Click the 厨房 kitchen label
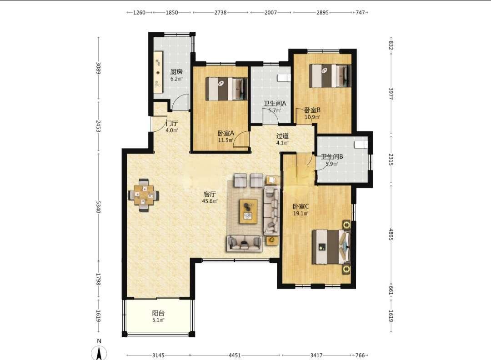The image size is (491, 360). pyautogui.click(x=176, y=72)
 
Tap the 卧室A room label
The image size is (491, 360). pyautogui.click(x=226, y=133)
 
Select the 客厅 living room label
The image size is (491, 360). pyautogui.click(x=210, y=195)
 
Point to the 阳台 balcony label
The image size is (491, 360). pyautogui.click(x=158, y=313)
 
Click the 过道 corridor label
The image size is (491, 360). pyautogui.click(x=282, y=136)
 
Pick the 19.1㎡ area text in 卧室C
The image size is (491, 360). pyautogui.click(x=301, y=214)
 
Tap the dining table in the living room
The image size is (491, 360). pyautogui.click(x=144, y=195)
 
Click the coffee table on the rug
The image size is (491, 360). pyautogui.click(x=248, y=211)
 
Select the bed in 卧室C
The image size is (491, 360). pyautogui.click(x=331, y=247)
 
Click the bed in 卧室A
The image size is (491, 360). pyautogui.click(x=226, y=89)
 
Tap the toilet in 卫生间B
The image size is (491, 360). pyautogui.click(x=361, y=145)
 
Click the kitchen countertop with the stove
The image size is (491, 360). pyautogui.click(x=159, y=72)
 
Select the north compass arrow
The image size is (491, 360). pyautogui.click(x=99, y=353)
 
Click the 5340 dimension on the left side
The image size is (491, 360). pyautogui.click(x=98, y=207)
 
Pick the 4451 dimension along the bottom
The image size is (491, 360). pyautogui.click(x=235, y=355)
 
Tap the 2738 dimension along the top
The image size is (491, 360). pyautogui.click(x=220, y=13)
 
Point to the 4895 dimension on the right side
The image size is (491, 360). pyautogui.click(x=391, y=235)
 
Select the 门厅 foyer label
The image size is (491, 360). pyautogui.click(x=171, y=123)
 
